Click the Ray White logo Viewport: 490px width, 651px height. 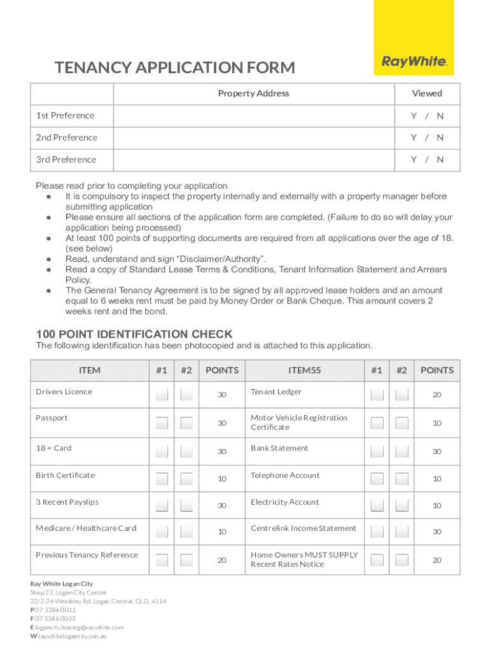coord(414,62)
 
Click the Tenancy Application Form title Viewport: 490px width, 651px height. coord(175,67)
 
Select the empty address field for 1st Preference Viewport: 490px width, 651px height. coord(253,116)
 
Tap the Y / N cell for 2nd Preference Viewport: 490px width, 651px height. coord(426,138)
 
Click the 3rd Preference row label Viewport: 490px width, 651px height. coord(66,160)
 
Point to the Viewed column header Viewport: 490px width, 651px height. coord(426,93)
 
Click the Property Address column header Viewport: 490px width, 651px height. coord(253,93)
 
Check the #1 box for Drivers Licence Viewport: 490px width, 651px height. coord(162,395)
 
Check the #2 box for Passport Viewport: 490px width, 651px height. coord(186,423)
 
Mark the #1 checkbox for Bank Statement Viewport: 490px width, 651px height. coord(377,451)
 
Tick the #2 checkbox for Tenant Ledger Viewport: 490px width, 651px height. coord(402,395)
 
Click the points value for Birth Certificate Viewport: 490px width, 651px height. coord(222,479)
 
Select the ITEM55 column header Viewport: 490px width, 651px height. coord(305,371)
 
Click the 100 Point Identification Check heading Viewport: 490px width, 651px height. coord(134,334)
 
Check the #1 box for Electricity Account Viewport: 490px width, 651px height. coord(377,505)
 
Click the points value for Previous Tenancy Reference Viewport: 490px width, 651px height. coord(222,560)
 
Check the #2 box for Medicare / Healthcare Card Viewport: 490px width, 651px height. coord(186,531)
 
